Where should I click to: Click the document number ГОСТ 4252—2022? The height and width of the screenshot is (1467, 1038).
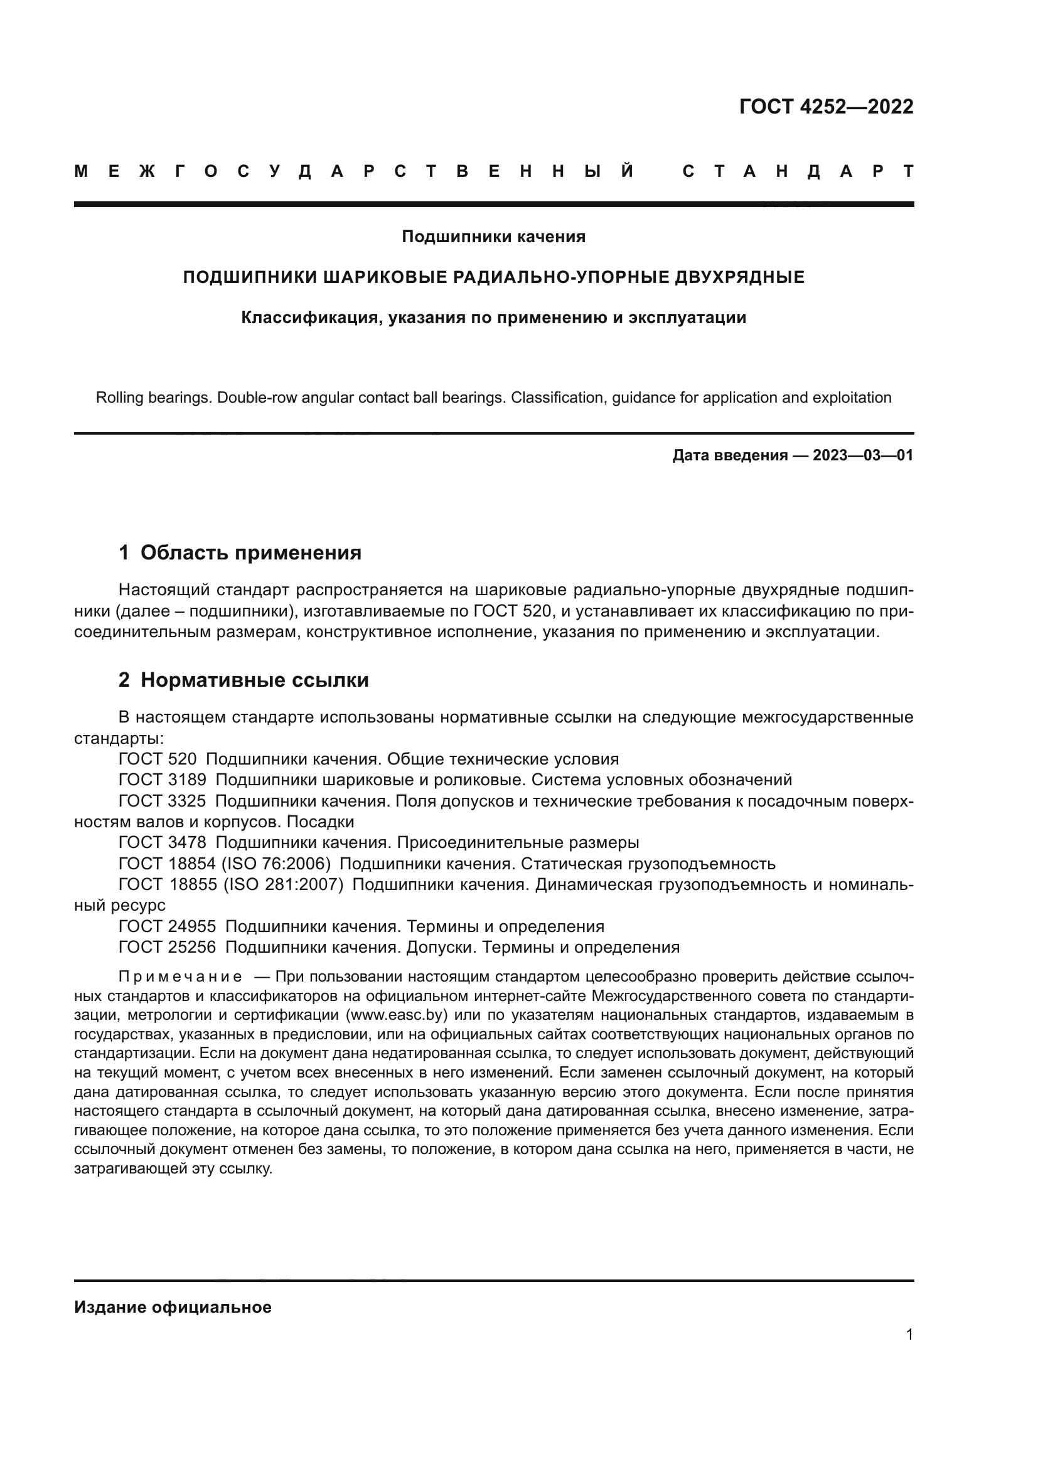tap(826, 107)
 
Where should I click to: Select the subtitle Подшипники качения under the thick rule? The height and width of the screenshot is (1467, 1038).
tap(493, 237)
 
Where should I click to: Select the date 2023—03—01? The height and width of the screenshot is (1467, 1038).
tap(863, 455)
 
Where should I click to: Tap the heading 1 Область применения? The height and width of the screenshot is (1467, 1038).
tap(240, 553)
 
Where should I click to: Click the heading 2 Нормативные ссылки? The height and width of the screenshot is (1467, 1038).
tap(243, 681)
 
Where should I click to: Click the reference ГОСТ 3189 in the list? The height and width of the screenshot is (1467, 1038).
tap(163, 780)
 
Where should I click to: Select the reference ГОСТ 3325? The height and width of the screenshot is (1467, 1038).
tap(163, 801)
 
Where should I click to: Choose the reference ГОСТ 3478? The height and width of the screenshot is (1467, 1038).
tap(163, 843)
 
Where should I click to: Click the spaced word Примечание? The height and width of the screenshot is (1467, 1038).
tap(180, 977)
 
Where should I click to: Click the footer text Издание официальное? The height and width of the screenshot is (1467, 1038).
tap(173, 1307)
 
